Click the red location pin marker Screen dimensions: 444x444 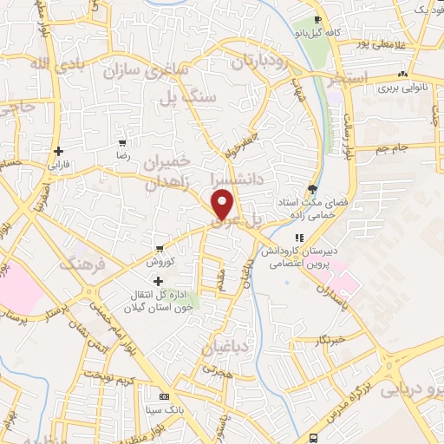[223, 205]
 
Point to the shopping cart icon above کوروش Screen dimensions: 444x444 [159, 249]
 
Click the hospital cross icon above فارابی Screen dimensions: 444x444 [57, 150]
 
